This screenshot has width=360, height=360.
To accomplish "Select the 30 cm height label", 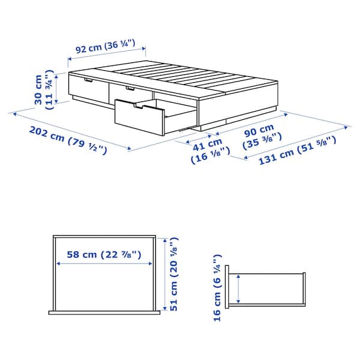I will (44, 90).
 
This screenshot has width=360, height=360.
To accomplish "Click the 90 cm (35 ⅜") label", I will (259, 136).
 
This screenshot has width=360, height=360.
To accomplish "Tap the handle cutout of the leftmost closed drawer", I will (88, 79).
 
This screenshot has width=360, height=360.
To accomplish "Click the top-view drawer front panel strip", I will (106, 312).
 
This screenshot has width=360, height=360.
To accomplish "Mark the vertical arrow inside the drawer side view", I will (239, 289).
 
